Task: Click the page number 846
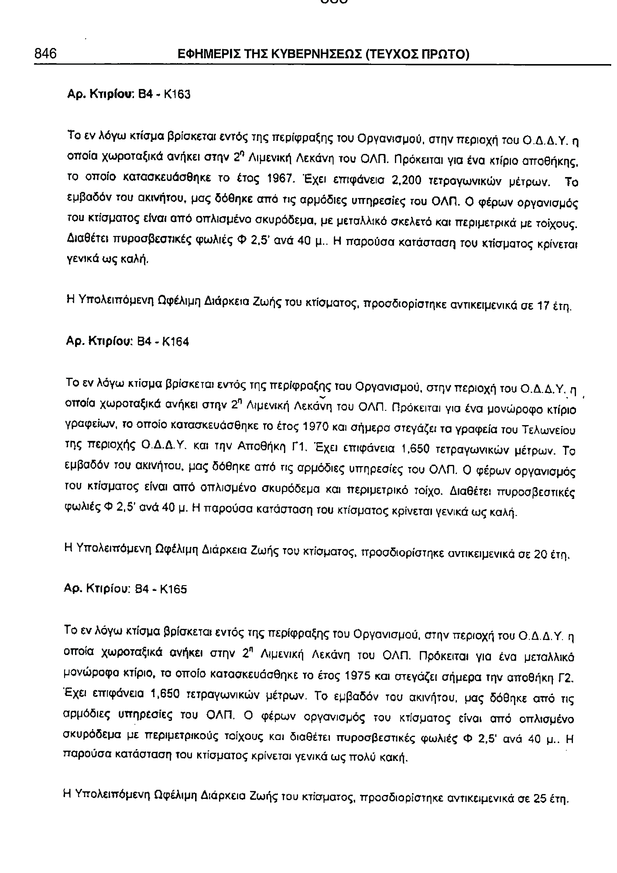click(x=45, y=53)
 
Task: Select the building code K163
click(x=177, y=94)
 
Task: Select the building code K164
click(x=175, y=342)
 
